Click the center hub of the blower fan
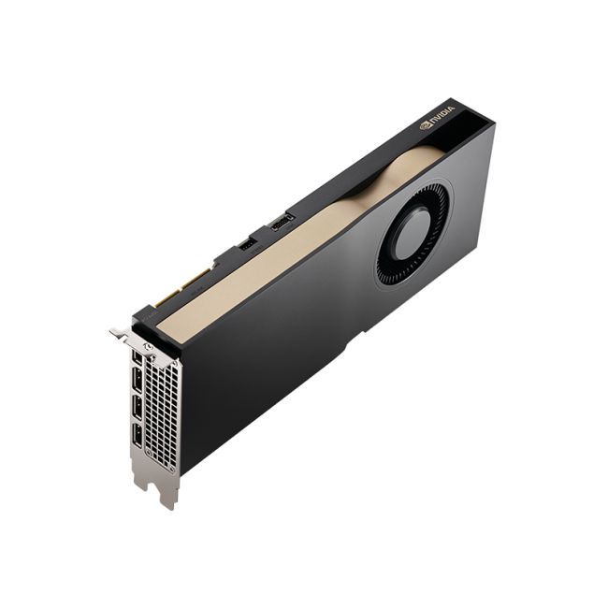412,233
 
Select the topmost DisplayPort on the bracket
138,358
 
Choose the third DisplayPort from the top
138,408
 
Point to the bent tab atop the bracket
119,332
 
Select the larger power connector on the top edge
281,222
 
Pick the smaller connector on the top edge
247,244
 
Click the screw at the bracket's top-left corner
147,345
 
